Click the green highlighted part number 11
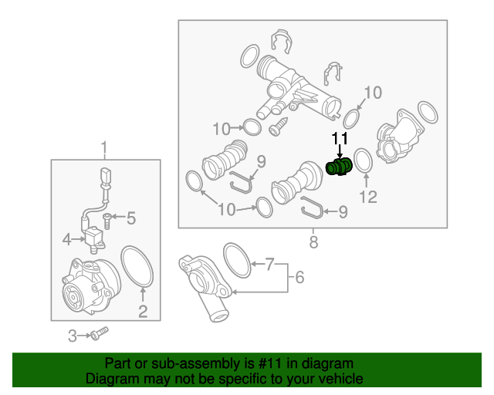pyautogui.click(x=339, y=167)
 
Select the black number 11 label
pyautogui.click(x=340, y=140)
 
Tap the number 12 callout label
pyautogui.click(x=368, y=197)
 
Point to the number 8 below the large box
pyautogui.click(x=313, y=243)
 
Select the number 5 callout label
pyautogui.click(x=130, y=219)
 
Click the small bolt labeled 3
pyautogui.click(x=99, y=334)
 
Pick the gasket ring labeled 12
pyautogui.click(x=364, y=164)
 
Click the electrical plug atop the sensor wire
pyautogui.click(x=106, y=177)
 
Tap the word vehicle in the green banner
pyautogui.click(x=337, y=379)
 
